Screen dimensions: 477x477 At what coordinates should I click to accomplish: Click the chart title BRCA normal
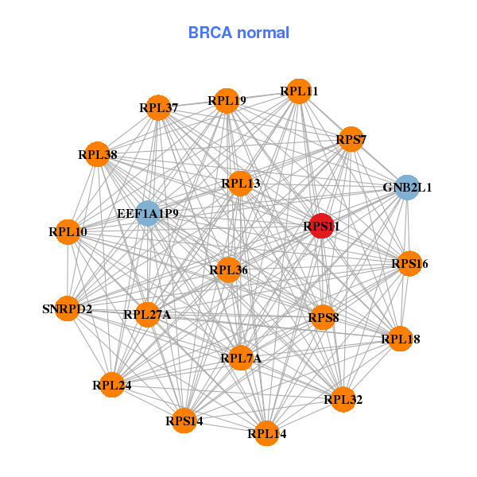pos(238,33)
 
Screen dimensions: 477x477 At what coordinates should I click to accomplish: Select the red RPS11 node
pos(321,227)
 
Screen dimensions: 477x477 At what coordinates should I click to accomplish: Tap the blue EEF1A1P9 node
pos(148,213)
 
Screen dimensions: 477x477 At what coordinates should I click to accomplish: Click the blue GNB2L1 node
pos(407,188)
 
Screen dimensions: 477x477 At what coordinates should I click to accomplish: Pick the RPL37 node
pos(159,107)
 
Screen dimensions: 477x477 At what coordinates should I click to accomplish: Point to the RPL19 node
pos(227,100)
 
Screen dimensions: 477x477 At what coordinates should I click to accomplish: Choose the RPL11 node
pos(299,91)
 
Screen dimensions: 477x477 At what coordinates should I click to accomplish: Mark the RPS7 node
pos(351,140)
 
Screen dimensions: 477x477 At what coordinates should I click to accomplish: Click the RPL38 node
pos(98,154)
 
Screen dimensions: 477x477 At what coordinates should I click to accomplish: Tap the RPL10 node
pos(68,232)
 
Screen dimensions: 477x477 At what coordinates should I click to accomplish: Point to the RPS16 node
pos(409,263)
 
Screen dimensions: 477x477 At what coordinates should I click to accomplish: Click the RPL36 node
pos(229,270)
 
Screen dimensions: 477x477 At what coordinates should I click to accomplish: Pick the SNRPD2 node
pos(68,308)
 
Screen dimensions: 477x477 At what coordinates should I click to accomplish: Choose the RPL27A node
pos(147,315)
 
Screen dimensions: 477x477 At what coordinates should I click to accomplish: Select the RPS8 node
pos(324,318)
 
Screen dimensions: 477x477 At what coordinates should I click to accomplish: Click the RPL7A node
pos(241,359)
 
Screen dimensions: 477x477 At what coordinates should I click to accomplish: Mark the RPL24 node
pos(112,386)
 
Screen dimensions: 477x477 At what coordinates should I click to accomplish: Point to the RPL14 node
pos(266,433)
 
